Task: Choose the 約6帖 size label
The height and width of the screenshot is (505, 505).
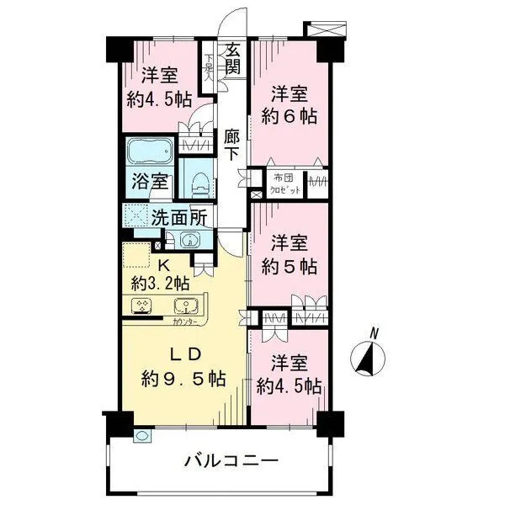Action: (294, 115)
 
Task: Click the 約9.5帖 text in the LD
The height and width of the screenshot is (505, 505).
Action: (183, 378)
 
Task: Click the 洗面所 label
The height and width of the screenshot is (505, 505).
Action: (178, 216)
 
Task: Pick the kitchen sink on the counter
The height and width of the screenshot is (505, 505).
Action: (183, 306)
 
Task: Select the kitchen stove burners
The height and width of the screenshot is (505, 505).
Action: (140, 306)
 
